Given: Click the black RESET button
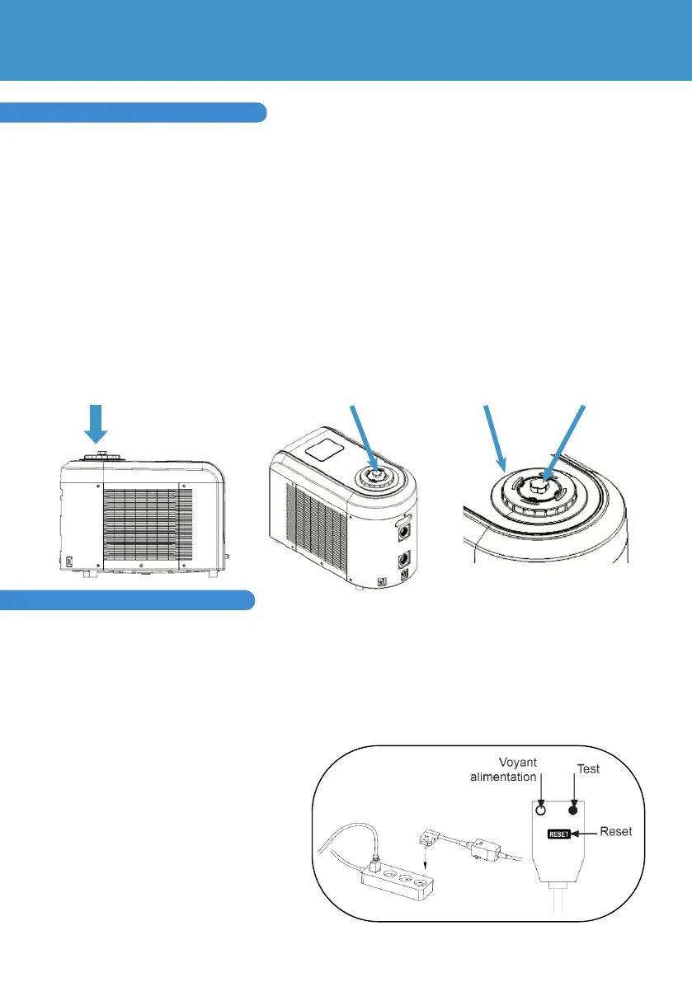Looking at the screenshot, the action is click(554, 834).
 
